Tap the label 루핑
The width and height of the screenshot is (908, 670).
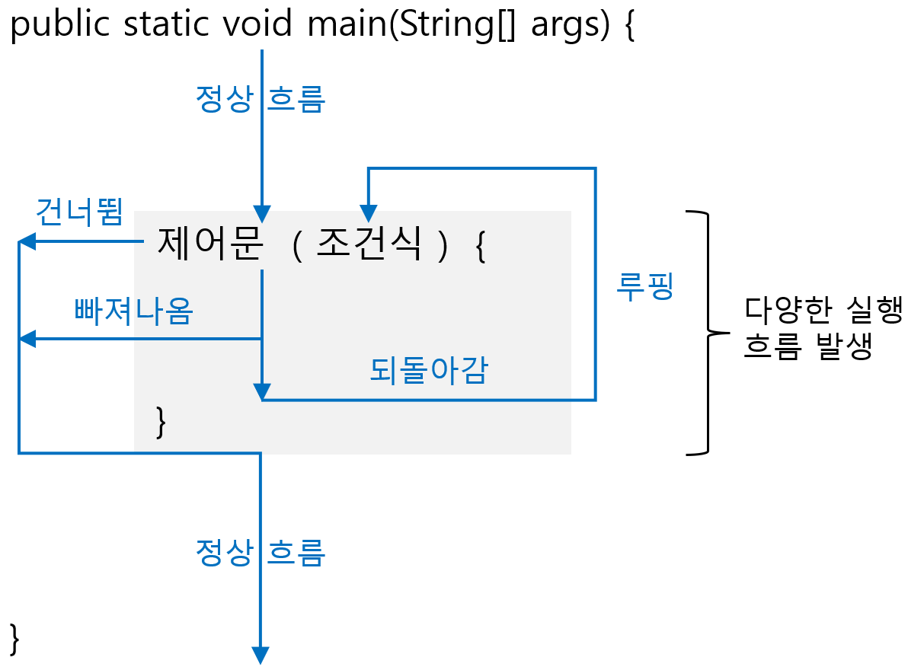click(645, 289)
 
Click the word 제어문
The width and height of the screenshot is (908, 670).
click(210, 244)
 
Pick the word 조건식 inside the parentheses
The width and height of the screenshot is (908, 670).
click(369, 244)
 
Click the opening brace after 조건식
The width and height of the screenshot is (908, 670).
click(480, 247)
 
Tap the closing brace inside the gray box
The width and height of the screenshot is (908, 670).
click(160, 423)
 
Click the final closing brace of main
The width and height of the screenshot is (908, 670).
click(14, 638)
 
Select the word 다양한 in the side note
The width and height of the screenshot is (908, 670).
click(789, 311)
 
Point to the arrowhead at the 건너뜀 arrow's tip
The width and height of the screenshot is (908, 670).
click(26, 242)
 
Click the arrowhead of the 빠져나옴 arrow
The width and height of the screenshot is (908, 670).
click(26, 339)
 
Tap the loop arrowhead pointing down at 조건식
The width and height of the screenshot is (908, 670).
click(369, 215)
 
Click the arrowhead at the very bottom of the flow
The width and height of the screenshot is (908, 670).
click(261, 656)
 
